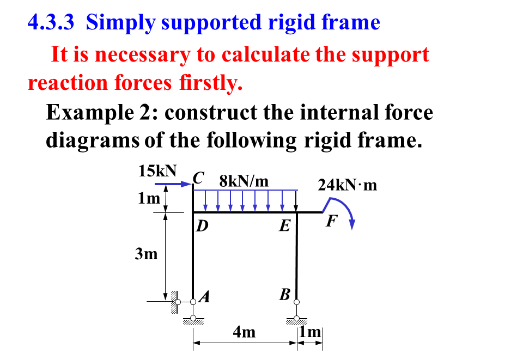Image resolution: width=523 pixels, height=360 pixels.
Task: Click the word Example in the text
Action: pyautogui.click(x=87, y=113)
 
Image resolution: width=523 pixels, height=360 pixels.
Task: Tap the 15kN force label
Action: pyautogui.click(x=157, y=171)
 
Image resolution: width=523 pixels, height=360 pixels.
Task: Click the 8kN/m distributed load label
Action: pyautogui.click(x=244, y=181)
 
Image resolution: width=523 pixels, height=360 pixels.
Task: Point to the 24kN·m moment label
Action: pyautogui.click(x=348, y=185)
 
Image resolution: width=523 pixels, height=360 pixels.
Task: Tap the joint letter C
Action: pyautogui.click(x=199, y=178)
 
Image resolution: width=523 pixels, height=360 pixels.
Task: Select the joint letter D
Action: pyautogui.click(x=202, y=225)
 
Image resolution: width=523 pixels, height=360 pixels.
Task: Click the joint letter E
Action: pyautogui.click(x=284, y=225)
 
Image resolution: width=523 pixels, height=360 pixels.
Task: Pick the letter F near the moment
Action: pyautogui.click(x=331, y=222)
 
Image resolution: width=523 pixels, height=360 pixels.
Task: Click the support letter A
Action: pyautogui.click(x=205, y=297)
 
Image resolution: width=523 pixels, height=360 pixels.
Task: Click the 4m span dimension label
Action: pyautogui.click(x=244, y=332)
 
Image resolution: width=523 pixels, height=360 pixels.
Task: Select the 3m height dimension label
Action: pyautogui.click(x=147, y=253)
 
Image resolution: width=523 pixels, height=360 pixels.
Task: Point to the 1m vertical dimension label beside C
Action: pyautogui.click(x=149, y=199)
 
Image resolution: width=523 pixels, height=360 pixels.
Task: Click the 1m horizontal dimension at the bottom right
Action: pyautogui.click(x=311, y=332)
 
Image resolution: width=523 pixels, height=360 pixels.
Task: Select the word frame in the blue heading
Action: pyautogui.click(x=351, y=22)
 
